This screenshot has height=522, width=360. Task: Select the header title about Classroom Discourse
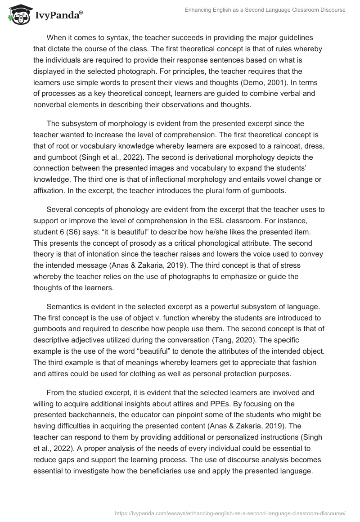click(265, 10)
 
